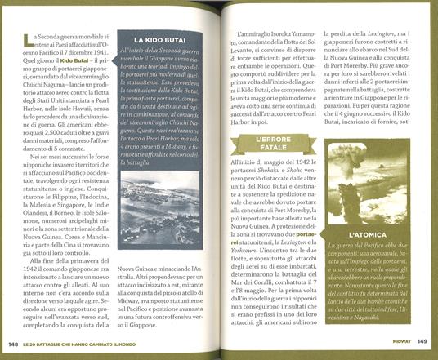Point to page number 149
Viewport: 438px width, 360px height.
pos(422,341)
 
